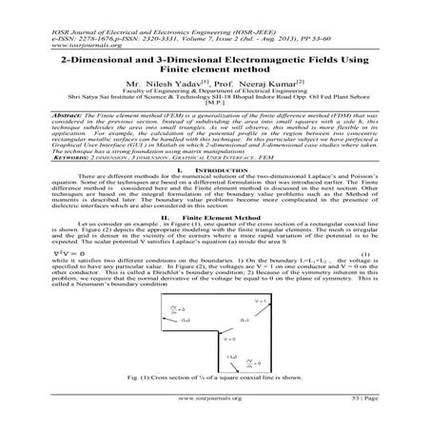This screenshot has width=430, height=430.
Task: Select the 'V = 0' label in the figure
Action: [216, 339]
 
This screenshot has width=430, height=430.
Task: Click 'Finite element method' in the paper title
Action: [214, 72]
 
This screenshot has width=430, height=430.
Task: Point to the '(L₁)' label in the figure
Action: [270, 322]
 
